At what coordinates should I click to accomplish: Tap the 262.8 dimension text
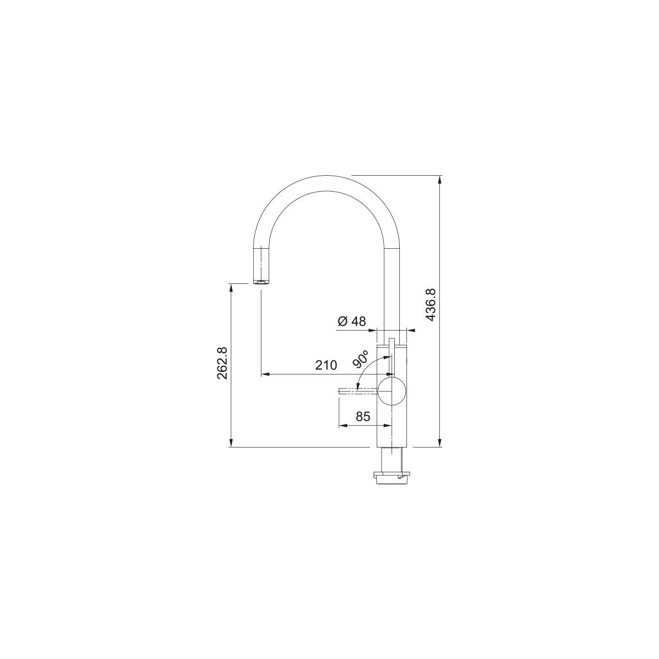[222, 363]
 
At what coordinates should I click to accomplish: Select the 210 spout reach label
[326, 365]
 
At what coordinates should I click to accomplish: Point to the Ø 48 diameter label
[351, 321]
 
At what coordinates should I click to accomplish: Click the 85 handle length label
[363, 416]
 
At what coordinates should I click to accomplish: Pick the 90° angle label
[361, 359]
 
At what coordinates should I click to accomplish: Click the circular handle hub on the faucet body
[391, 391]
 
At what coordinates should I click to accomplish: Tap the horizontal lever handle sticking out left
[358, 391]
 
